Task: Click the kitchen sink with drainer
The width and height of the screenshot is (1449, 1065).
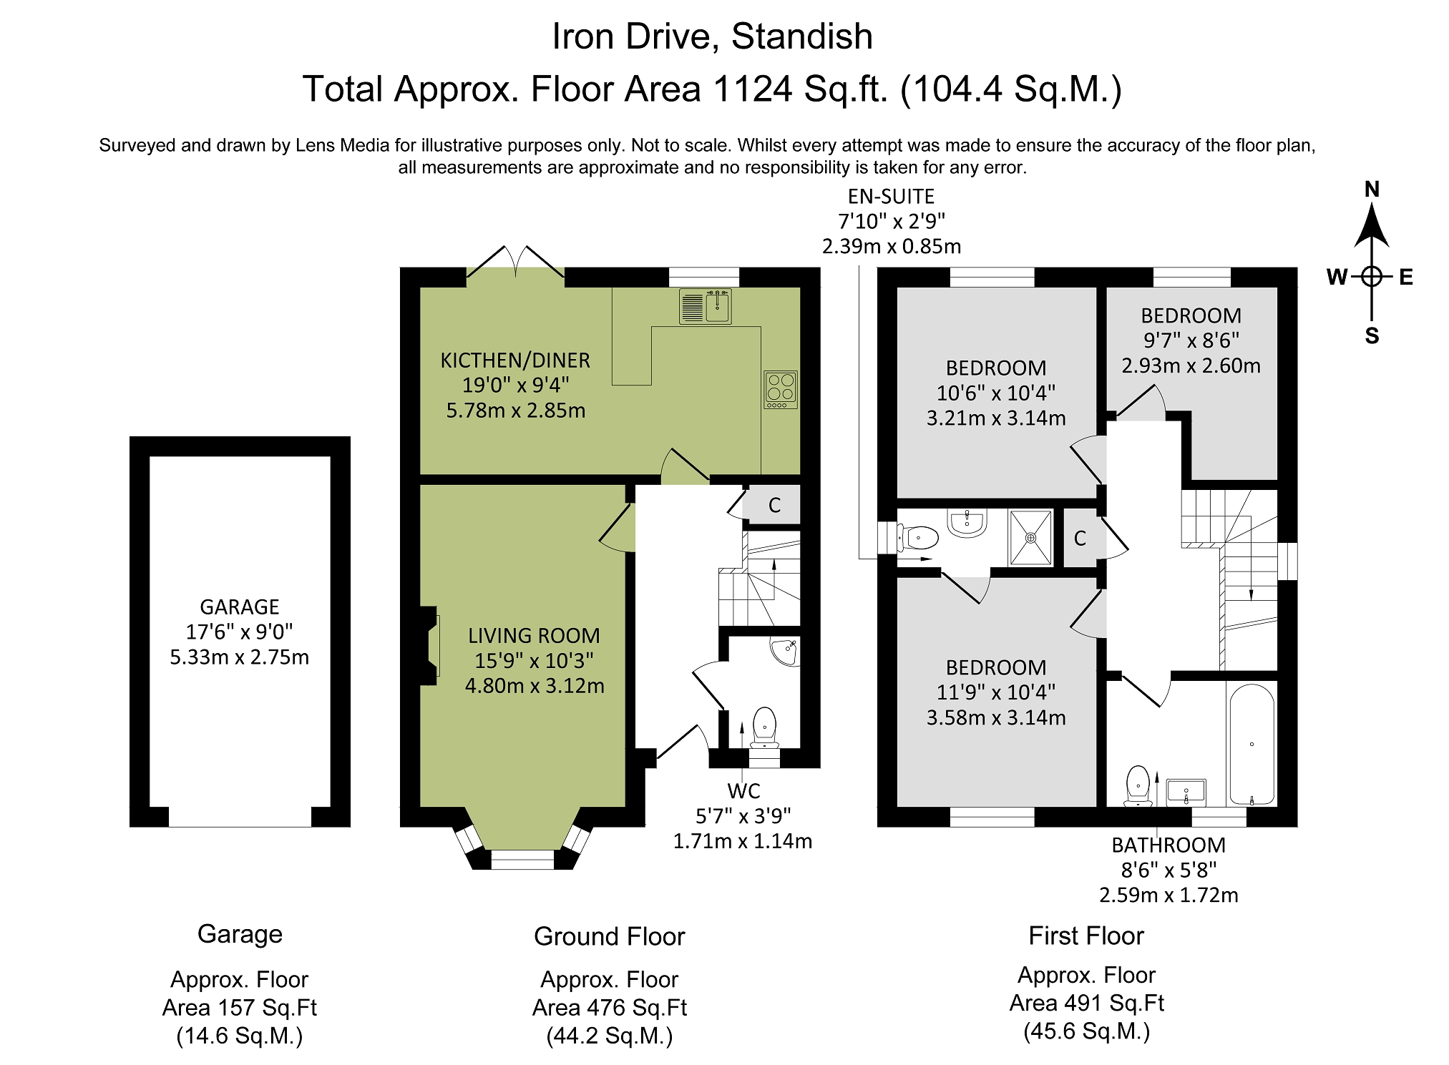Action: (706, 306)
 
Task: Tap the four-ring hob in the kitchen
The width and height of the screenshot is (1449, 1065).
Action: (781, 390)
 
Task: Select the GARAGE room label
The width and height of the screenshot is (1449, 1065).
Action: (240, 607)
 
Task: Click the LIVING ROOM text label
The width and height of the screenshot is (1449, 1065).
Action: (534, 636)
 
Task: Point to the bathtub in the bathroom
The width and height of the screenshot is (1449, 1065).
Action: (1252, 744)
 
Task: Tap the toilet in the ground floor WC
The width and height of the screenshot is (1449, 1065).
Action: (765, 727)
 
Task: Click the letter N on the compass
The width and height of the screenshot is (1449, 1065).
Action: (1372, 190)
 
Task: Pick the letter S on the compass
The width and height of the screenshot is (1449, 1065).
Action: (1372, 335)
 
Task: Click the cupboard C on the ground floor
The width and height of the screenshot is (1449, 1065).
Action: (774, 506)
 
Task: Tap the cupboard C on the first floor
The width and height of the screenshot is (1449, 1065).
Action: (1080, 538)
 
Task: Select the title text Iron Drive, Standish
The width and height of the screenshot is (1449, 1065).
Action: (712, 36)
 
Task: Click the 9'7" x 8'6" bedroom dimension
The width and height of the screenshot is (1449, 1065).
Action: (1191, 340)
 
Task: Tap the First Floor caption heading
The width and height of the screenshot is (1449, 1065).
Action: (1086, 936)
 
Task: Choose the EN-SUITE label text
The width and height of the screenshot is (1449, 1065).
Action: (891, 196)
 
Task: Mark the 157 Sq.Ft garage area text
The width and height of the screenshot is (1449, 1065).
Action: (240, 1008)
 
